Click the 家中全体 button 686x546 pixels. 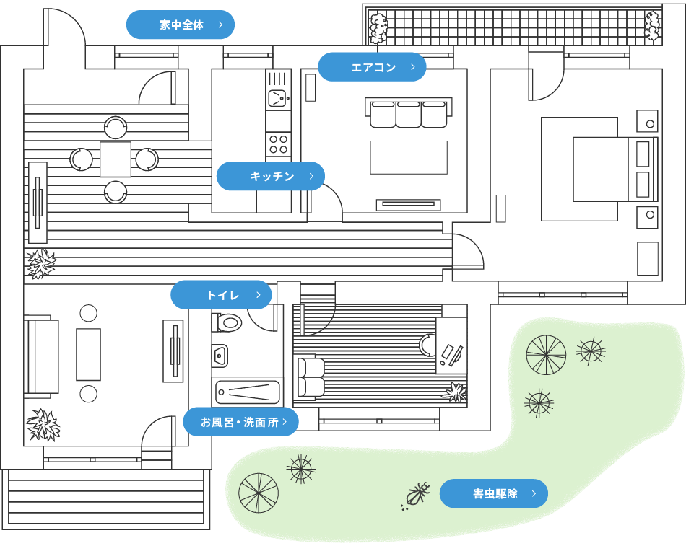click(181, 25)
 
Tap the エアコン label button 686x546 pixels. click(373, 67)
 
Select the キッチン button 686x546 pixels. click(271, 176)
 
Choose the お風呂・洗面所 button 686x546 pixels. click(240, 422)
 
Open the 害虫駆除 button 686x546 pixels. click(494, 494)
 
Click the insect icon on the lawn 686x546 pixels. click(417, 496)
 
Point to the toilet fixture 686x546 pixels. click(227, 321)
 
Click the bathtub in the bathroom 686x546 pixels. click(247, 392)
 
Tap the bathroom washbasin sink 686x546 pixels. click(220, 355)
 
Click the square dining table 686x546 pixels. click(116, 159)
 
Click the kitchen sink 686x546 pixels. click(277, 98)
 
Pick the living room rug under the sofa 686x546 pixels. click(409, 157)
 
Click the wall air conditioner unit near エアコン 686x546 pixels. click(311, 88)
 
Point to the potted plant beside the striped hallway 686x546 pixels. click(40, 264)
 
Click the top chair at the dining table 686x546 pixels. click(116, 128)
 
